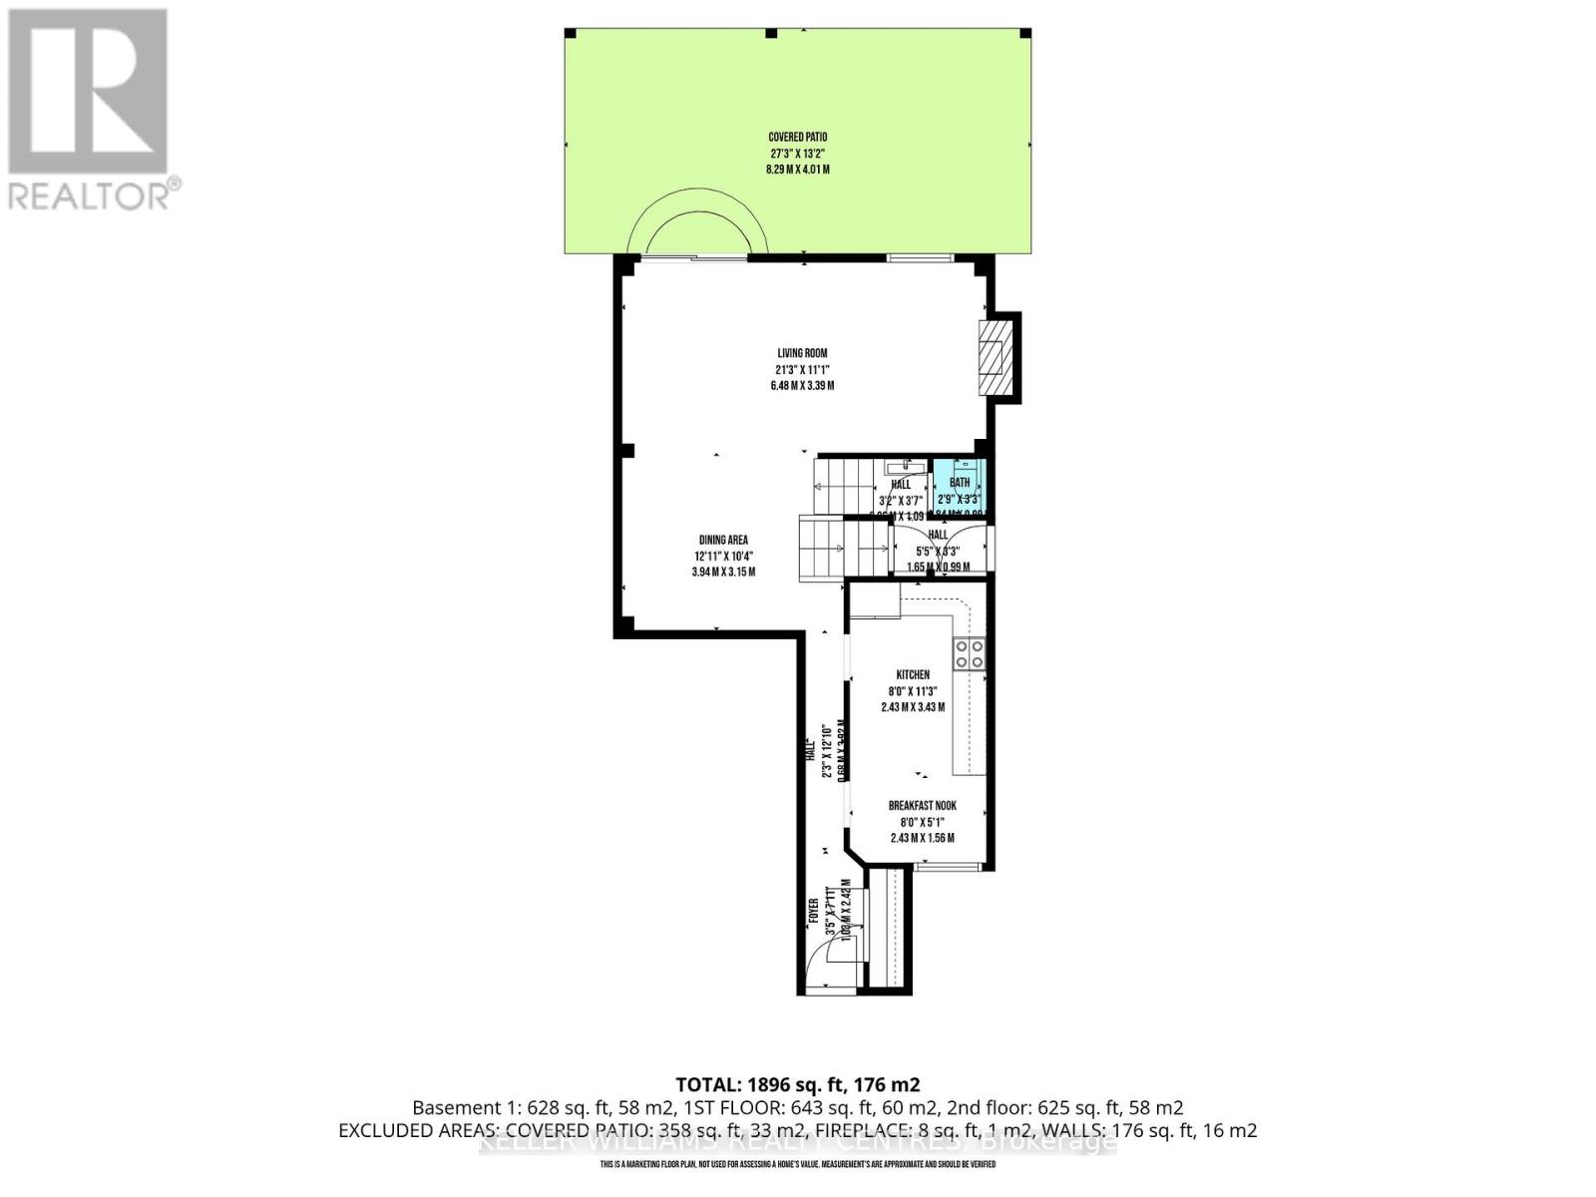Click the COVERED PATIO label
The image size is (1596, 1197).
797,137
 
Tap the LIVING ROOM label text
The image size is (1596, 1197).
802,353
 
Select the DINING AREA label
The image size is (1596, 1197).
723,540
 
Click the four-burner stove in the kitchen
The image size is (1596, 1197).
969,654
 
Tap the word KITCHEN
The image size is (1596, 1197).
913,675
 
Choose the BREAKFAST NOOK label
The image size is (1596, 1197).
923,806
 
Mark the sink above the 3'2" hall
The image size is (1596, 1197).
909,466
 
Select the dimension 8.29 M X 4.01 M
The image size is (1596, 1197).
797,170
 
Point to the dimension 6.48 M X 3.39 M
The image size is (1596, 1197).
802,385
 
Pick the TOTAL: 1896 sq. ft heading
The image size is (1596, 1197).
797,1084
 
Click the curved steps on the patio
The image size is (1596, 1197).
696,224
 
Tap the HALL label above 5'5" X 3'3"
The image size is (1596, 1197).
938,535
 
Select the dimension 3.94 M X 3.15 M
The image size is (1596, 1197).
723,572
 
